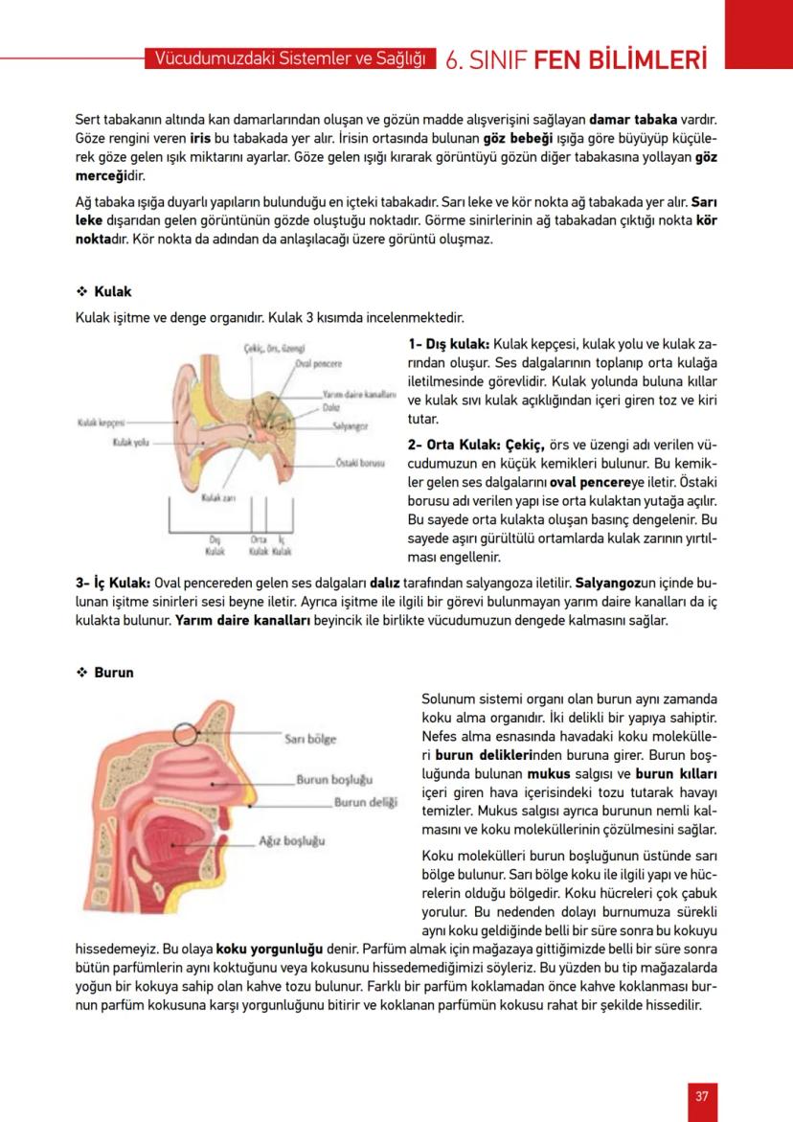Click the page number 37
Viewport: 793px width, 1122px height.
point(702,1097)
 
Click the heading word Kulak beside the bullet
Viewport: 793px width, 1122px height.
point(113,291)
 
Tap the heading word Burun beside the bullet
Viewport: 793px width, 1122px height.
point(114,673)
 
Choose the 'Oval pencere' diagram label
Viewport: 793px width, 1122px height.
point(319,364)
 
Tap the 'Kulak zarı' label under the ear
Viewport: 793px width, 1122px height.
point(218,499)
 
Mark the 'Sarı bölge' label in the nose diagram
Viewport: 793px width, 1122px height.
point(310,739)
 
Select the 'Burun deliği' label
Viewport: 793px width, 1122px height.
point(365,802)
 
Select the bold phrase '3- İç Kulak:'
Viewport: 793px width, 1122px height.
point(111,583)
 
